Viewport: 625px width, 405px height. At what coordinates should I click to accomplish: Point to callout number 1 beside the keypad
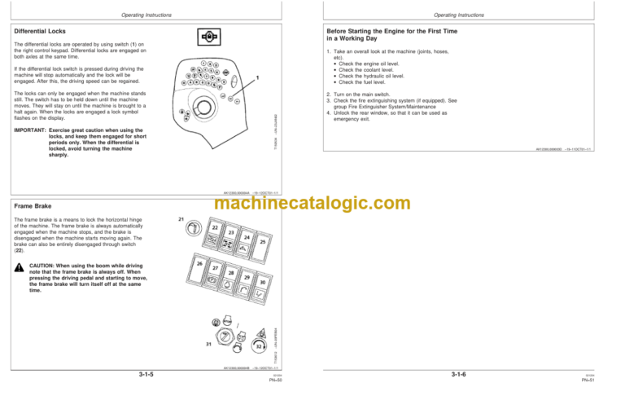(x=257, y=78)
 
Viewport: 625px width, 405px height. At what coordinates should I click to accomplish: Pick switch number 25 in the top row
(x=263, y=242)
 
